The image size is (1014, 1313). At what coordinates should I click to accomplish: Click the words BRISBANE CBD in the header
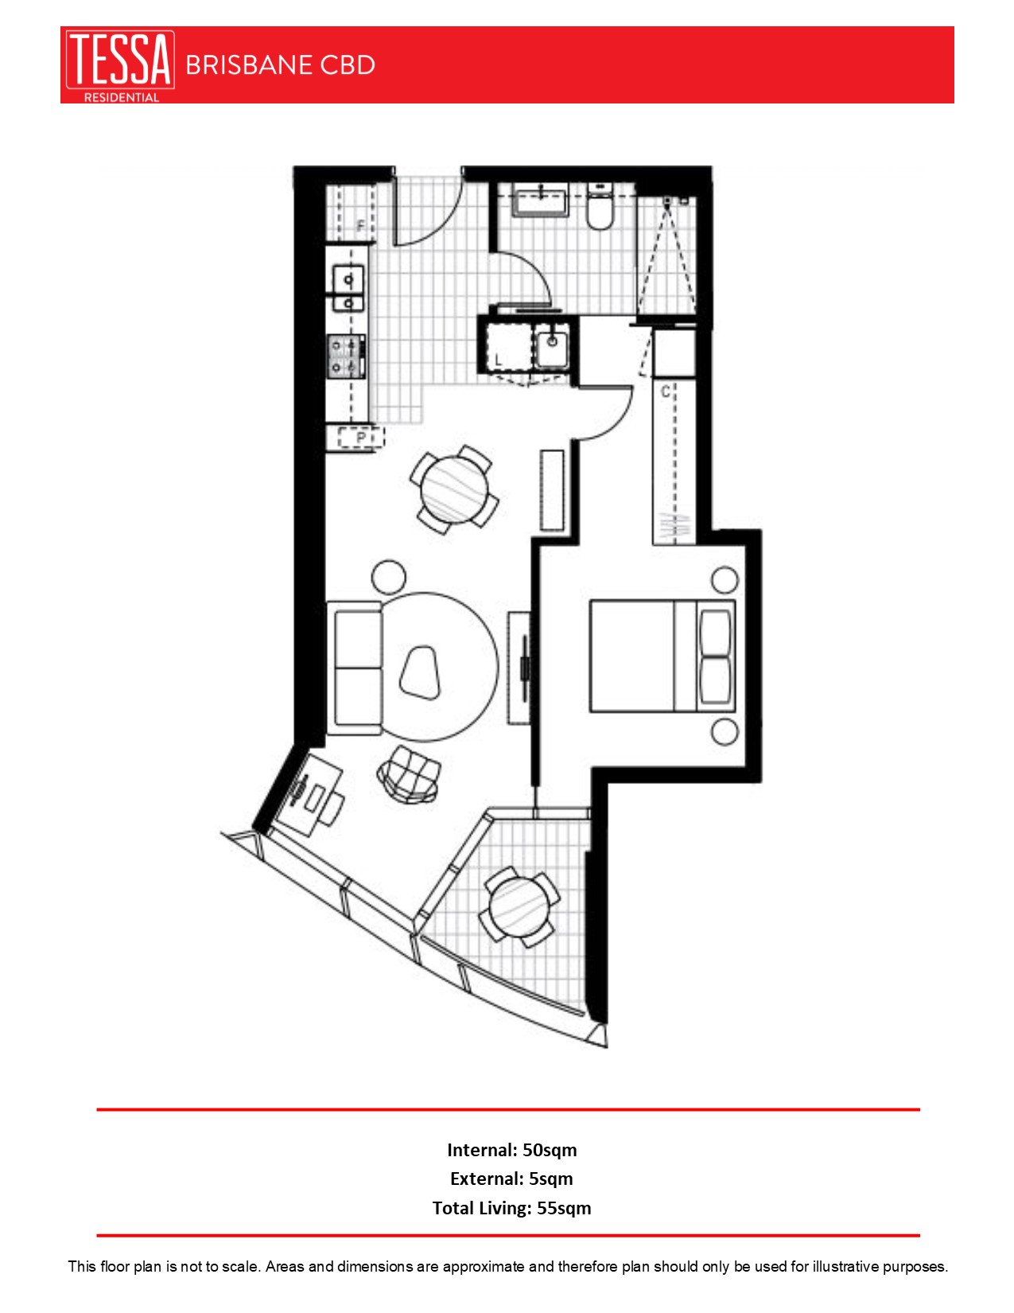point(280,65)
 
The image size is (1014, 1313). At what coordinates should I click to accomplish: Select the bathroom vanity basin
point(540,200)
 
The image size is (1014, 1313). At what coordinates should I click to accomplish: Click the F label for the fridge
point(361,226)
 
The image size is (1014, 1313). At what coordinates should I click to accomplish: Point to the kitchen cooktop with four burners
point(347,356)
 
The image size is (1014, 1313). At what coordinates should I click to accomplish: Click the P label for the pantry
point(360,438)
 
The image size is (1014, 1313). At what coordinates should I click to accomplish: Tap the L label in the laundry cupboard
point(499,360)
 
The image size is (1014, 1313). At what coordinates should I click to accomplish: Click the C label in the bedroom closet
point(665,392)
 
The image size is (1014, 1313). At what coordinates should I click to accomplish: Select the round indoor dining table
point(455,489)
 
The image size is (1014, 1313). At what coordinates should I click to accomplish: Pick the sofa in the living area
point(356,668)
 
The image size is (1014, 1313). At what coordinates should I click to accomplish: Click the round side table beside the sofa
point(389,577)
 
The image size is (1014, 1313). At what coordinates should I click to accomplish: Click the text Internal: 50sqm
point(511,1150)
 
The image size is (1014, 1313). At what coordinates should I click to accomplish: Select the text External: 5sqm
point(511,1179)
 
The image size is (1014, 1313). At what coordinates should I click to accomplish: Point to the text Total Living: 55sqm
point(511,1208)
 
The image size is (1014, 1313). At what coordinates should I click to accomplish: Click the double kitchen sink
point(348,290)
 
